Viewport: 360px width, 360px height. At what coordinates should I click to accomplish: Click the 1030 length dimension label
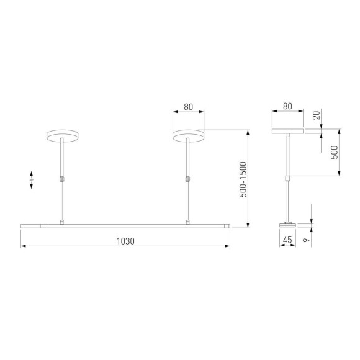click(125, 240)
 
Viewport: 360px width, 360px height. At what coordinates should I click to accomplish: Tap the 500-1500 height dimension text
click(243, 179)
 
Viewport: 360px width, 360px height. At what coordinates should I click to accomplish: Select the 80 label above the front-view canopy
click(188, 107)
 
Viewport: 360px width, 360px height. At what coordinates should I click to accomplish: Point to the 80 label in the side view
click(287, 107)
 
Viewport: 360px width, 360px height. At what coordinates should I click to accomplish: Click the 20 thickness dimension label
click(317, 115)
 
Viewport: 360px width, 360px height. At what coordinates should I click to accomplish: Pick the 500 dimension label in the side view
click(335, 153)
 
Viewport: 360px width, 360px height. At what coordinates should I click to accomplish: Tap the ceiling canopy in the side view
click(287, 132)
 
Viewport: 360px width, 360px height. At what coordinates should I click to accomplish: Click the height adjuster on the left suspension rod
click(63, 179)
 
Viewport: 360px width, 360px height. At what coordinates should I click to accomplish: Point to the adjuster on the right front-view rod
click(188, 179)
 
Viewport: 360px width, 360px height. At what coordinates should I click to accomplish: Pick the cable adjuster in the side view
click(287, 179)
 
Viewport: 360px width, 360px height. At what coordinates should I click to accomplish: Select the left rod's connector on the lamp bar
click(63, 222)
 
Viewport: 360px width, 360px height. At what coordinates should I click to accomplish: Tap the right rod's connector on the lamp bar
click(188, 222)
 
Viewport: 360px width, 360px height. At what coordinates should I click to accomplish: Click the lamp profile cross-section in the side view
click(287, 226)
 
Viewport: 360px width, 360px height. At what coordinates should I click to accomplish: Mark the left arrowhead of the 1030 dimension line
click(23, 246)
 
